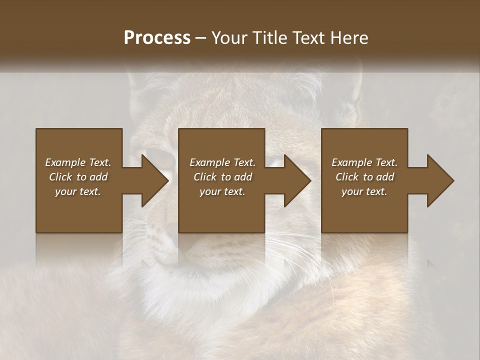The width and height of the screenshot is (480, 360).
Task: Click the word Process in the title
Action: pos(157,38)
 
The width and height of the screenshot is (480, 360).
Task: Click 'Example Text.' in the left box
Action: pos(78,162)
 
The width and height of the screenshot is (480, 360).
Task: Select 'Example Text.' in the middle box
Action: pos(222,162)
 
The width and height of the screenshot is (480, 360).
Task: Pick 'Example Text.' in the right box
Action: pos(364,162)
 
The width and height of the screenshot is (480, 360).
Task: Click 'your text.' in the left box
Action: pos(78,191)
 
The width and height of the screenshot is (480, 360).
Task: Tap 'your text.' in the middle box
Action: pos(222,191)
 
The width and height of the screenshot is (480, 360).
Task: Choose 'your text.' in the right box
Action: pos(364,191)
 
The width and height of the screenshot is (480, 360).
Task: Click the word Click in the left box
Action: pos(61,177)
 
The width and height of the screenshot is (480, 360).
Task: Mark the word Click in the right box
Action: pos(347,177)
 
